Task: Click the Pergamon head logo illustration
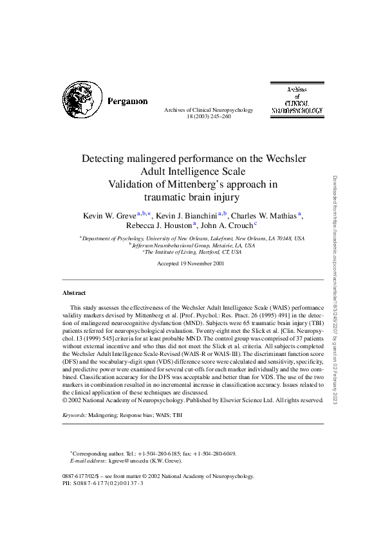82,101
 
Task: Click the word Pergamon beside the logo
127,102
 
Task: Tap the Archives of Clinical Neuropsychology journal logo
297,100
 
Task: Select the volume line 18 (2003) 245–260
199,117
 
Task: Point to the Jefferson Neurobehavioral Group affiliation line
192,245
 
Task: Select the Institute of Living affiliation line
192,253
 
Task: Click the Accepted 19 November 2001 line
191,263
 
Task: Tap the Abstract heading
74,292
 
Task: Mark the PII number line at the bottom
103,483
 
